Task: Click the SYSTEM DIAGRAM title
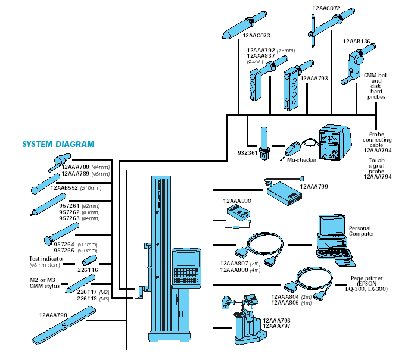tap(58, 144)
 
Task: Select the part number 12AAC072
tap(326, 8)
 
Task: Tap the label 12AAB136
tap(357, 42)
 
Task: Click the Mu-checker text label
tap(300, 160)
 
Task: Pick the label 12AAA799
tap(314, 186)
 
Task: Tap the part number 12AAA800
tap(237, 201)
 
